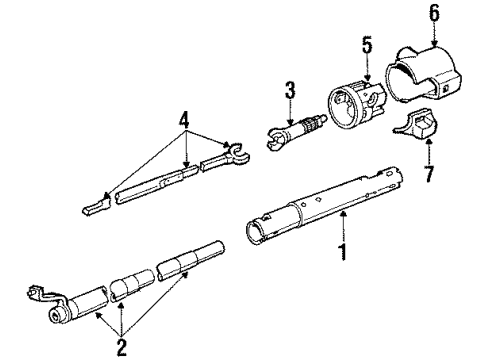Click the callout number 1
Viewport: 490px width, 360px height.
(343, 251)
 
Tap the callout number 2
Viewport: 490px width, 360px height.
(121, 348)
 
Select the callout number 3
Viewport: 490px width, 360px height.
(290, 90)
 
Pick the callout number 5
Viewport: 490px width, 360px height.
(367, 45)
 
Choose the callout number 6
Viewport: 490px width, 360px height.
(434, 13)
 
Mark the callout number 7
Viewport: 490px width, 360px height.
(429, 173)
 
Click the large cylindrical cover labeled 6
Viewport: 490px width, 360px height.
(423, 74)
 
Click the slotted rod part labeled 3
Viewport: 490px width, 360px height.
(297, 132)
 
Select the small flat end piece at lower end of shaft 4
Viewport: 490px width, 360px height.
(96, 206)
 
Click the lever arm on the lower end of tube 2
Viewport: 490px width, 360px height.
(43, 293)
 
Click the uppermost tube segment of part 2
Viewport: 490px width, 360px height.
(191, 260)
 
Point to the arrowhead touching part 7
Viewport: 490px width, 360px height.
(429, 143)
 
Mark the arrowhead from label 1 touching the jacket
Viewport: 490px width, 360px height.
(343, 215)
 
